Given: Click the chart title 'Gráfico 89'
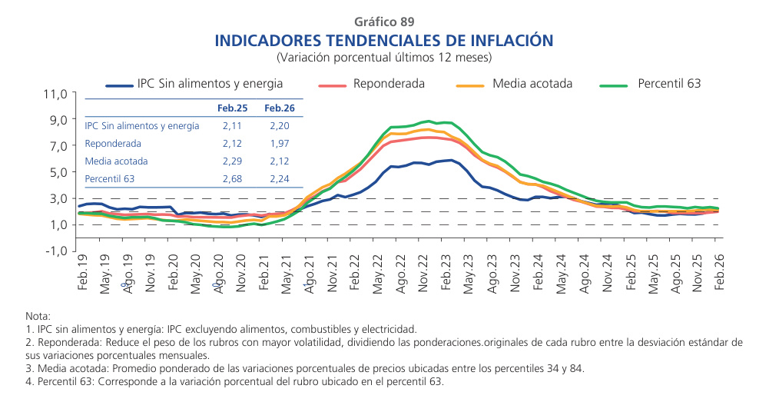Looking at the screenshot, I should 384,22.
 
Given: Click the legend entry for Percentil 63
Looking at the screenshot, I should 668,84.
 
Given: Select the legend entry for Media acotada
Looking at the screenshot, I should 532,84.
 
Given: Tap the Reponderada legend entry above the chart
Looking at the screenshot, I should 389,84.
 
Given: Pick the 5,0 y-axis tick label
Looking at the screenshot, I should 60,172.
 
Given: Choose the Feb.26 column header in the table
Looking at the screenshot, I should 277,108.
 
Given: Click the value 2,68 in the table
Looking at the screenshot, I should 232,179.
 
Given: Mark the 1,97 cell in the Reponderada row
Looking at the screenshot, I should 278,144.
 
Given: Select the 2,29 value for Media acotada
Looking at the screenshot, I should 232,161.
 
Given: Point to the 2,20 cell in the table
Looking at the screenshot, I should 278,125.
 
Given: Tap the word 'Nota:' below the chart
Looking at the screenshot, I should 38,316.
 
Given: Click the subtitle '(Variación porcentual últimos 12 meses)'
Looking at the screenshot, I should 384,57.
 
